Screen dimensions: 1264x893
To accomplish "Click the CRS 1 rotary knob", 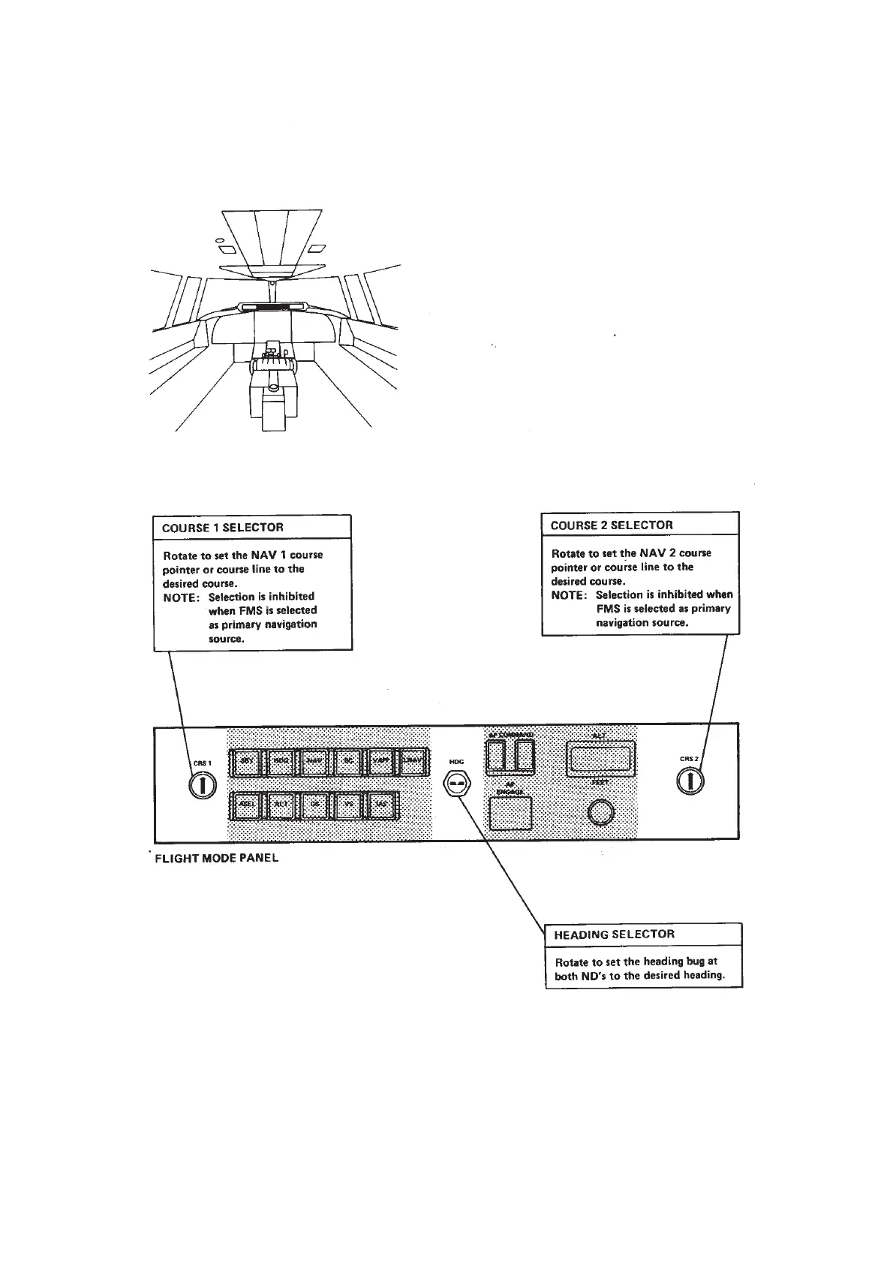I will click(x=203, y=785).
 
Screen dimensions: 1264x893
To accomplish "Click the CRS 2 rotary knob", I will click(x=690, y=781).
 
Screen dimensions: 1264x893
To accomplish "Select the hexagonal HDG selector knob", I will click(x=456, y=784).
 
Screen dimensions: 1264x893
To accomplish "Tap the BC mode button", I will click(x=348, y=762).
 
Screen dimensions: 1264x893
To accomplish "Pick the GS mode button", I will click(x=314, y=805).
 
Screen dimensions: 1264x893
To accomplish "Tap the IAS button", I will click(x=382, y=805).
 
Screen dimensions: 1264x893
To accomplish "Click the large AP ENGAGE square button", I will click(x=510, y=814).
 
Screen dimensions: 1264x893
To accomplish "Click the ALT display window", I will click(x=600, y=760).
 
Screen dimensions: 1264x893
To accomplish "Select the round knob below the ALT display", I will click(x=600, y=812).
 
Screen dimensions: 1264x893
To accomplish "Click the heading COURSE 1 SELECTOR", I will click(x=223, y=528).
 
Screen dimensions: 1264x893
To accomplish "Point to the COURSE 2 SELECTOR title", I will click(x=612, y=525).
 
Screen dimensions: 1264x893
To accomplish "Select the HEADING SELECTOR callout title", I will click(x=614, y=934).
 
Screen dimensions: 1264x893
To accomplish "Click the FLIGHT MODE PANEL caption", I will click(x=216, y=858).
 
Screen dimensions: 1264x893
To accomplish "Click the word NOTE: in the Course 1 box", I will click(x=181, y=597).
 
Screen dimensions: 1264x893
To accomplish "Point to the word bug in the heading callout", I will click(x=696, y=962).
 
